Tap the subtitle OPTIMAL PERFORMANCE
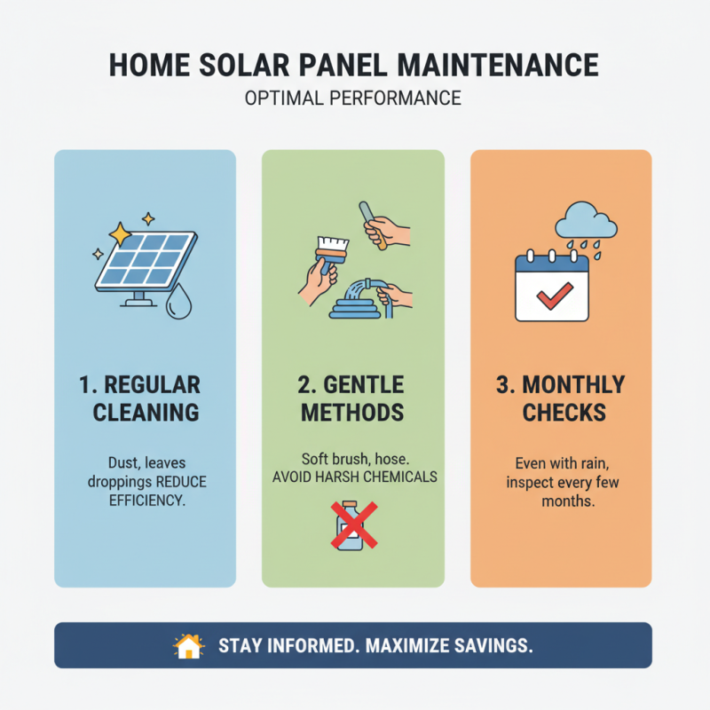(x=353, y=98)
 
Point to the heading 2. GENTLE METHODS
(x=353, y=398)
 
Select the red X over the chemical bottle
(x=353, y=525)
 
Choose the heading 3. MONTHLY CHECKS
(x=562, y=398)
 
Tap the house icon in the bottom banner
(x=188, y=646)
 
